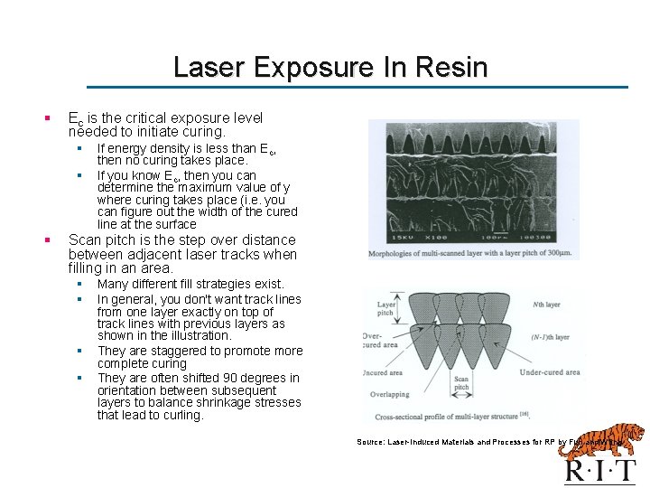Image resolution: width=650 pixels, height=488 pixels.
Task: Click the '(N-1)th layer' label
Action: click(x=551, y=337)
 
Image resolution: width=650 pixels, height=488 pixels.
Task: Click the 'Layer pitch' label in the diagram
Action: click(x=387, y=310)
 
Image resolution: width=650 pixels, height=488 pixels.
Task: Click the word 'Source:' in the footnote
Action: click(x=370, y=442)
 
